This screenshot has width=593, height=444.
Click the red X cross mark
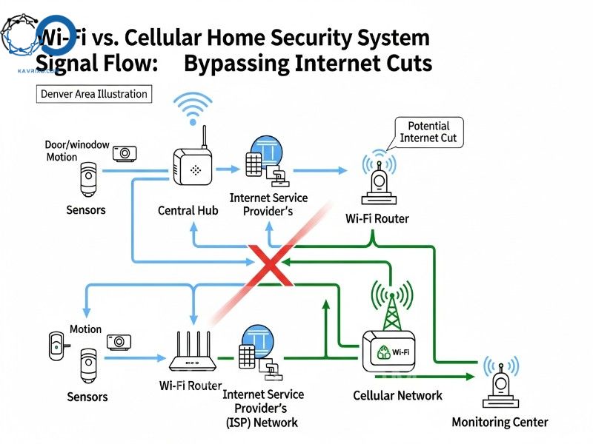click(x=271, y=263)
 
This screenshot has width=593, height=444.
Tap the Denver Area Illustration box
click(x=93, y=94)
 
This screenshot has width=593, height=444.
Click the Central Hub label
click(x=188, y=210)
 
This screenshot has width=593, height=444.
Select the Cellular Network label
click(x=397, y=395)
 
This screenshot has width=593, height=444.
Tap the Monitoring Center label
click(x=500, y=422)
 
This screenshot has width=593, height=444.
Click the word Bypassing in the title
click(x=236, y=64)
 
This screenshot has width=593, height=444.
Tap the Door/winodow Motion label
click(x=71, y=150)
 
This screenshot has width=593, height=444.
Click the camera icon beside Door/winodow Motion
click(x=125, y=153)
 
